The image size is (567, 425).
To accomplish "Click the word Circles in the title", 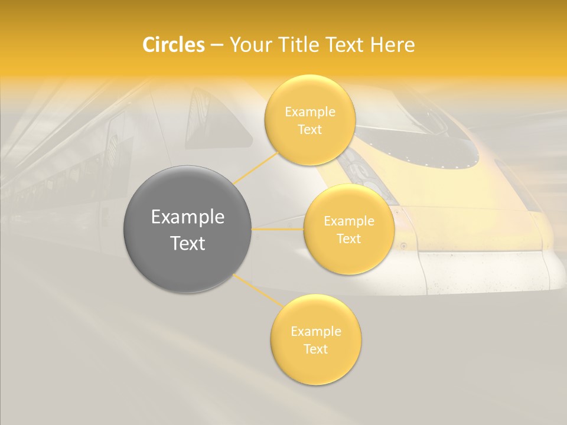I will point(173,45).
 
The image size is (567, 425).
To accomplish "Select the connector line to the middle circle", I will point(278,228).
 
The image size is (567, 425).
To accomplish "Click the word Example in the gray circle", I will point(188,217).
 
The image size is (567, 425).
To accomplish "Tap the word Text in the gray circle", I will point(188,243).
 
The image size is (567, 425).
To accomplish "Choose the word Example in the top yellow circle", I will point(310,112).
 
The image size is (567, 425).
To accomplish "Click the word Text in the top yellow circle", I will point(310,130).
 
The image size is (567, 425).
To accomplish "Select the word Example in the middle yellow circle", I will point(349,221).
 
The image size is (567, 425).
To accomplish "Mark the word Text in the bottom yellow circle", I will point(316,349).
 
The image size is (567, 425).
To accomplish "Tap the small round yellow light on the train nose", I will point(404,246).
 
